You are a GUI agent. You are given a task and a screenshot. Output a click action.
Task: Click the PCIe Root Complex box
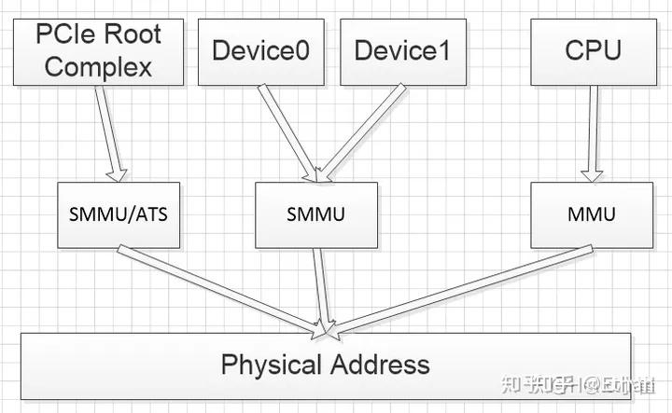[x=97, y=50]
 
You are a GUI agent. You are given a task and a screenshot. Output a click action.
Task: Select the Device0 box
[x=260, y=50]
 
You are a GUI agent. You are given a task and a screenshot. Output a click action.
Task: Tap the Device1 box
[x=401, y=50]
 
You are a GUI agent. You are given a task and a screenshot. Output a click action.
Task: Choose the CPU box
[x=592, y=50]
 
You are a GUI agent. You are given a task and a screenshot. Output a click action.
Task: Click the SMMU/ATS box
[x=118, y=214]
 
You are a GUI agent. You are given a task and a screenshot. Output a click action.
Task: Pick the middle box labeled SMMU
[x=316, y=214]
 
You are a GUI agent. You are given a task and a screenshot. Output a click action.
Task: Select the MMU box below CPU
[x=591, y=214]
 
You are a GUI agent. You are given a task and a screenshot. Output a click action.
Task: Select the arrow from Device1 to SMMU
[x=355, y=131]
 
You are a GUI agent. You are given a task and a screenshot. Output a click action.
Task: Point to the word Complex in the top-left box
[x=98, y=66]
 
